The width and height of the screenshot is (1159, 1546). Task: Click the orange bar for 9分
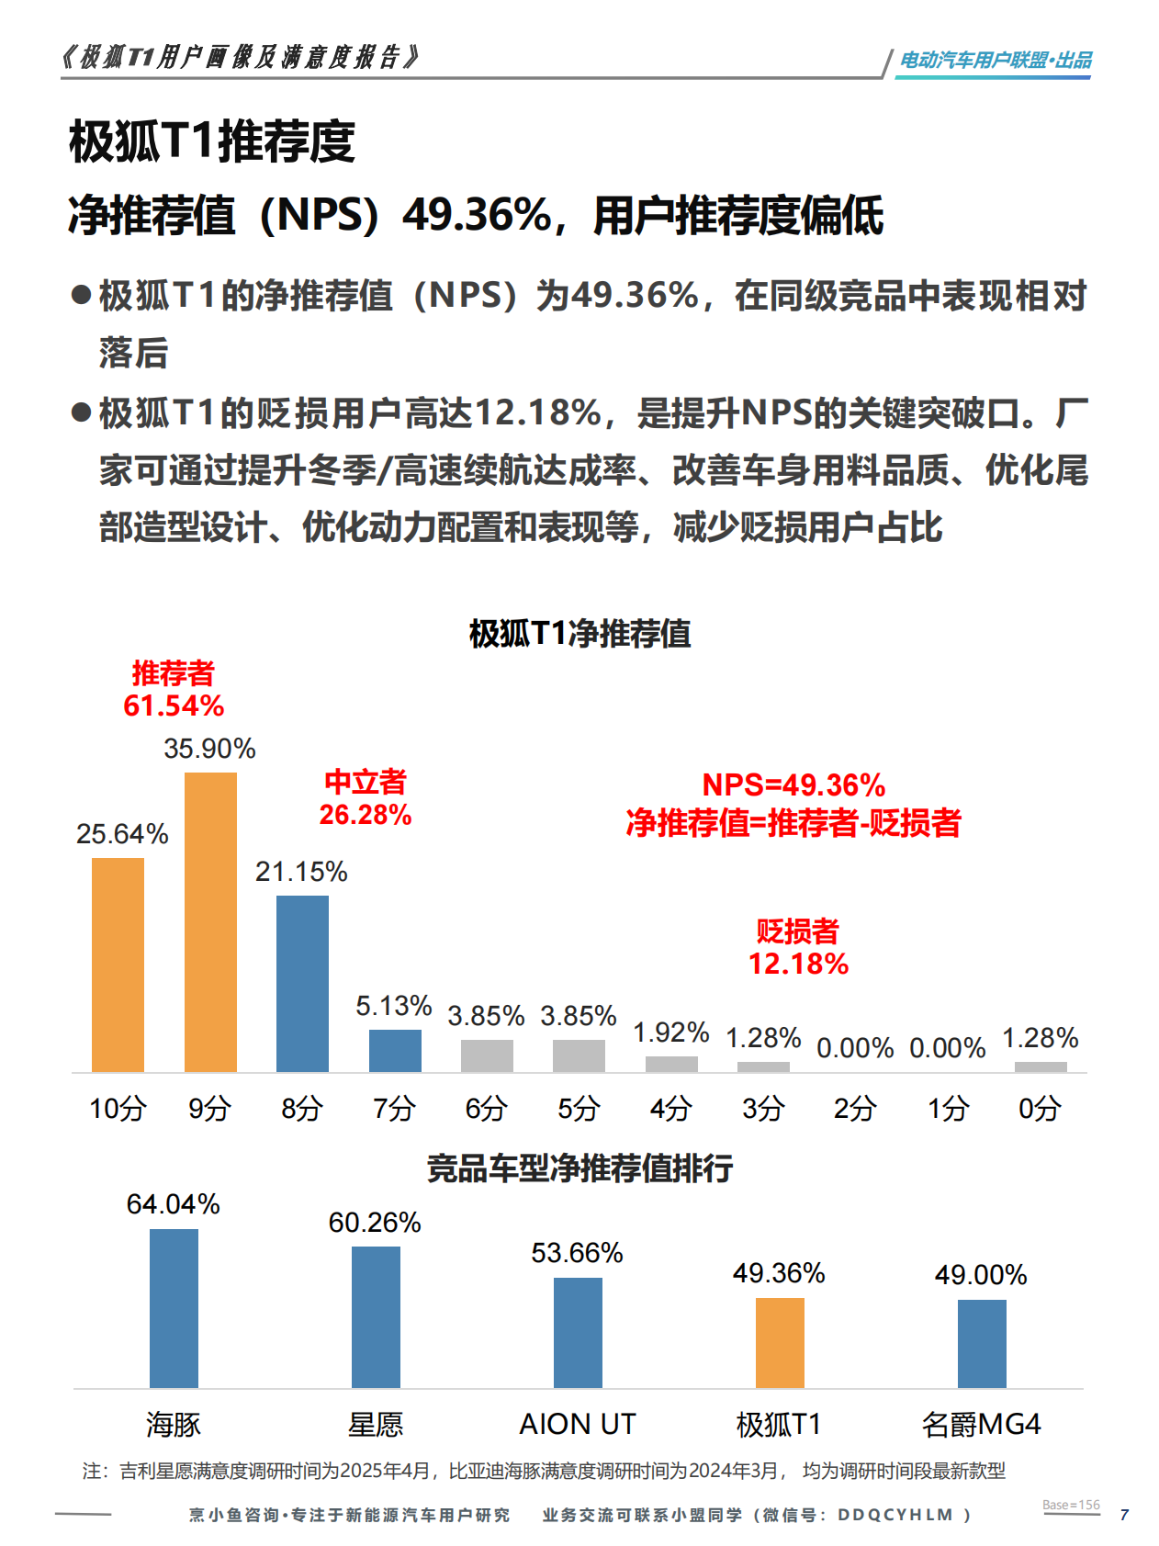click(x=210, y=921)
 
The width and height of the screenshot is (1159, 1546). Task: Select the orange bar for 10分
click(x=118, y=965)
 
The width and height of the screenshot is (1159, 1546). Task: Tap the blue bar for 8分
click(x=302, y=983)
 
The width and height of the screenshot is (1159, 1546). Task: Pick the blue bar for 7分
click(x=395, y=1050)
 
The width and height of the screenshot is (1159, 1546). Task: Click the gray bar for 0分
click(x=1041, y=1066)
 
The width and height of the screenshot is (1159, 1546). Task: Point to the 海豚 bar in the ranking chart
click(x=174, y=1308)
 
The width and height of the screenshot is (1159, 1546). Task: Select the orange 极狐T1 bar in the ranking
click(x=780, y=1342)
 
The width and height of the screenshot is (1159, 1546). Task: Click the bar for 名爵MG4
click(x=982, y=1343)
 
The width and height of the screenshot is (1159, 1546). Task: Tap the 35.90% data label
click(x=209, y=749)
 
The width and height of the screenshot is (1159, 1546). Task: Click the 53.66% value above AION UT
click(x=577, y=1253)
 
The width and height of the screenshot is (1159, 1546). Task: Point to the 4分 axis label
click(x=670, y=1109)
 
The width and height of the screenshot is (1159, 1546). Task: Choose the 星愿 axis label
click(x=376, y=1425)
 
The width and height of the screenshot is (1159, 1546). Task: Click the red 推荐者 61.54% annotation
click(x=174, y=690)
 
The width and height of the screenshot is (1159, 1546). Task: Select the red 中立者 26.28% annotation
click(x=365, y=798)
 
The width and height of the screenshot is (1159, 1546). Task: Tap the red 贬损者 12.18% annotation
click(x=798, y=947)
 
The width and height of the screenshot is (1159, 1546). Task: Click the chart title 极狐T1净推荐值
click(x=579, y=634)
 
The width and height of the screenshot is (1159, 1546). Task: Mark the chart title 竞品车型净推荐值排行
click(x=579, y=1168)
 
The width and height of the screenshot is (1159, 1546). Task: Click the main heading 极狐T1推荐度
click(x=212, y=141)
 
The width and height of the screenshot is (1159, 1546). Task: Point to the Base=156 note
click(x=1071, y=1505)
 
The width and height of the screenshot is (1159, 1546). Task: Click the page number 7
click(x=1124, y=1515)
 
